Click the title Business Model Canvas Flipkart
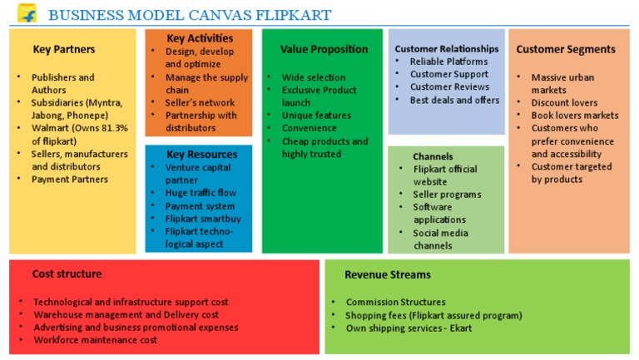point(189,15)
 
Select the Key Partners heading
point(64,49)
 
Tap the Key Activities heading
point(200,38)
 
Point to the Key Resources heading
point(201,154)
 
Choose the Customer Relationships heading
point(447,49)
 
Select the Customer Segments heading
point(566,49)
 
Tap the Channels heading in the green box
point(433,156)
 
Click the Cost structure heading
point(67,274)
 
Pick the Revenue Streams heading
point(388,274)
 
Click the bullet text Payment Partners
point(70,180)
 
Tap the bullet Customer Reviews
point(448,87)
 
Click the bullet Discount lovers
point(564,103)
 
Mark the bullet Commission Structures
point(396,302)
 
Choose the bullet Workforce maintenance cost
point(95,340)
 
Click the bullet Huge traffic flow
point(201,193)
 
